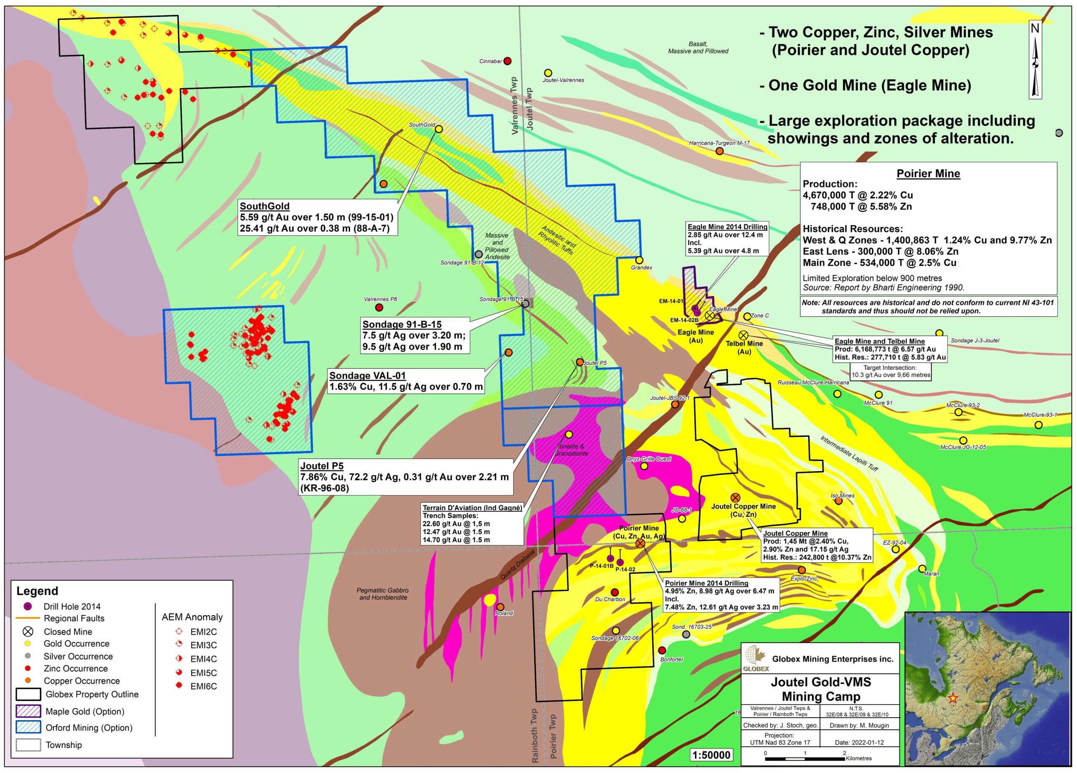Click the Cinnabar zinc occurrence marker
tap(507, 61)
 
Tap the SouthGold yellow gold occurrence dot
tap(439, 129)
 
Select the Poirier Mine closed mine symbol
tap(640, 543)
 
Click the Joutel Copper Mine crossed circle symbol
tap(735, 497)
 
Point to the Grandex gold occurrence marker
tap(639, 260)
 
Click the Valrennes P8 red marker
tap(379, 308)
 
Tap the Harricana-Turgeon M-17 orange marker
tap(719, 151)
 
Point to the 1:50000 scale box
tap(711, 755)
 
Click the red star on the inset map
tap(952, 698)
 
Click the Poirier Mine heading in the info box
tap(928, 174)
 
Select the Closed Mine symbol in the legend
tap(28, 631)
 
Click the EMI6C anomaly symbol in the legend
tap(179, 686)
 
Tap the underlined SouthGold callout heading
tap(265, 206)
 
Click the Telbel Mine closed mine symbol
tap(743, 335)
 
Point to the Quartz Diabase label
tap(517, 565)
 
